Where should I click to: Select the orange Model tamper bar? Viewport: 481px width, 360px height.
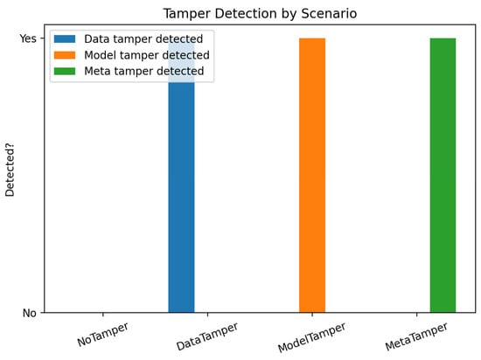point(312,176)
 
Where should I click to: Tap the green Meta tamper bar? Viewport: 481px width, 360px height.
point(443,176)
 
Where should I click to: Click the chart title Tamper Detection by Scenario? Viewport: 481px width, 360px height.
point(260,14)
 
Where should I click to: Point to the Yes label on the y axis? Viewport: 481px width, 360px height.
point(28,38)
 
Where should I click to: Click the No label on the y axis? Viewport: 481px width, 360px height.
point(30,313)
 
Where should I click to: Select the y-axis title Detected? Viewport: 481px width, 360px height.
point(10,170)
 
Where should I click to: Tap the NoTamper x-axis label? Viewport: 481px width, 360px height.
point(103,335)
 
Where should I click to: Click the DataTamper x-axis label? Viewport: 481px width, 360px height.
point(207,336)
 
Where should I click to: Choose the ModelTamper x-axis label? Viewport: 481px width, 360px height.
point(311,337)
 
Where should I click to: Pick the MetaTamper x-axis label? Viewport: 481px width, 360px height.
point(416,336)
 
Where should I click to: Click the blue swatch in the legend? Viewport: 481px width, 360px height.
point(65,39)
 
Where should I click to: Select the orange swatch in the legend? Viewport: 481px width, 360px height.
point(65,55)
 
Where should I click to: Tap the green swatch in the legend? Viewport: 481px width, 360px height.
point(65,71)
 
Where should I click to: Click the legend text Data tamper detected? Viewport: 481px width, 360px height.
point(143,39)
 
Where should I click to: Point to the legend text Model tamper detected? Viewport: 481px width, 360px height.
point(147,55)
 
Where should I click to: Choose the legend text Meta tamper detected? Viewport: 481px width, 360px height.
point(144,71)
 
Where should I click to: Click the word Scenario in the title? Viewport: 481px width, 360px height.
point(329,14)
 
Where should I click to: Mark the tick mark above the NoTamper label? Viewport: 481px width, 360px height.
point(103,315)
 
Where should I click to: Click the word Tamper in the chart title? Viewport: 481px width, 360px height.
point(187,14)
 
